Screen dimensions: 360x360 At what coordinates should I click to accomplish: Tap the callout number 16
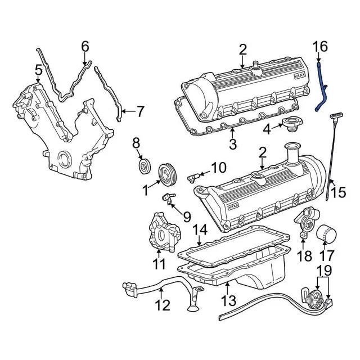(x=321, y=47)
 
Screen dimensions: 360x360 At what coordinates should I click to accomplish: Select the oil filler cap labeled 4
(x=292, y=124)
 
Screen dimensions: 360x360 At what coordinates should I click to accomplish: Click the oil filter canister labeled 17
(x=326, y=234)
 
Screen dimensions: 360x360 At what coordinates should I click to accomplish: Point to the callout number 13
(x=229, y=300)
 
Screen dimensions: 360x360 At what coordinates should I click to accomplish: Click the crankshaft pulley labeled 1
(x=167, y=174)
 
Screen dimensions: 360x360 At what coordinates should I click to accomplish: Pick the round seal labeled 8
(x=145, y=165)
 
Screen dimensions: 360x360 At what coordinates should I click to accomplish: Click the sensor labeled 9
(x=168, y=198)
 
